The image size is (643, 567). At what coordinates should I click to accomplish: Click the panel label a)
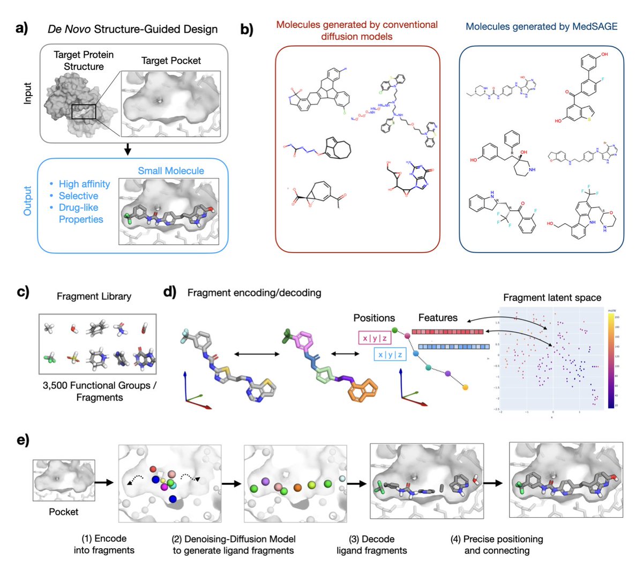pyautogui.click(x=22, y=28)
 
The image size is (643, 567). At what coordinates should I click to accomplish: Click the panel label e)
pyautogui.click(x=22, y=440)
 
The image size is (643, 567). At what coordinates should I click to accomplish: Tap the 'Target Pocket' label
pyautogui.click(x=171, y=61)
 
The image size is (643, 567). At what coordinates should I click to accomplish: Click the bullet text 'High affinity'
pyautogui.click(x=84, y=184)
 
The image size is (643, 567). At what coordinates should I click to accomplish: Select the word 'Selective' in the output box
pyautogui.click(x=78, y=196)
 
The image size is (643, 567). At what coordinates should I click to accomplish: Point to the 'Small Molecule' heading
pyautogui.click(x=171, y=171)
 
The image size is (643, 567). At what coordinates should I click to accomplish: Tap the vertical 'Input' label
pyautogui.click(x=28, y=93)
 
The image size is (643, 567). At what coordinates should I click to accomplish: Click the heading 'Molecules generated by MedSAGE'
pyautogui.click(x=541, y=26)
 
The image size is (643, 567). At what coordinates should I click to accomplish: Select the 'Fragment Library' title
pyautogui.click(x=94, y=296)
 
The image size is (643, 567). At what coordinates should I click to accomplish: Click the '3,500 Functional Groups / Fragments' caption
pyautogui.click(x=100, y=391)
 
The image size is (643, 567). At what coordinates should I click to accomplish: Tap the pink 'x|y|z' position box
pyautogui.click(x=373, y=338)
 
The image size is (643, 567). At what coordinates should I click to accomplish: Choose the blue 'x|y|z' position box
pyautogui.click(x=391, y=355)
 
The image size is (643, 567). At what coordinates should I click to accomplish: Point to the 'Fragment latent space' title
pyautogui.click(x=552, y=297)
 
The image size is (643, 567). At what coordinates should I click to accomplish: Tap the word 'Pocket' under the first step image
pyautogui.click(x=63, y=512)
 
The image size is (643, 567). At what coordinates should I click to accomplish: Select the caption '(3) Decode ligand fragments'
pyautogui.click(x=371, y=544)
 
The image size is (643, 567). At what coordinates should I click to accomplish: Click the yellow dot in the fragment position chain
pyautogui.click(x=465, y=387)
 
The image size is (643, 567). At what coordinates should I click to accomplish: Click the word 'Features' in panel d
pyautogui.click(x=438, y=318)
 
